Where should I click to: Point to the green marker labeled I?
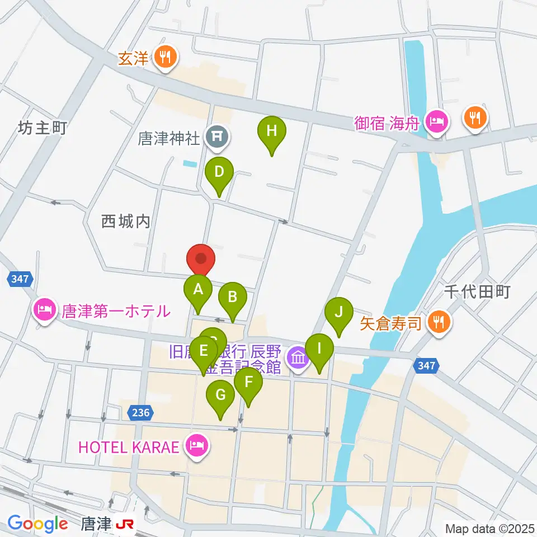[x=319, y=350]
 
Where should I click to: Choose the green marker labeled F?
[x=248, y=383]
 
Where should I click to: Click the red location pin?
[x=200, y=260]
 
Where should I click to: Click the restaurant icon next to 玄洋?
[x=165, y=57]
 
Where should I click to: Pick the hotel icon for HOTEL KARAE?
[x=196, y=446]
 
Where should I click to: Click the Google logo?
[x=37, y=524]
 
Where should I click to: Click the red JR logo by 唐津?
[x=125, y=524]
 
